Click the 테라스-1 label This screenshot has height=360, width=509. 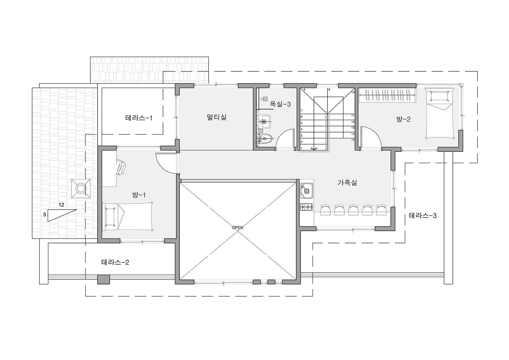139,118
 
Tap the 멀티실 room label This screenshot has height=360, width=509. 217,117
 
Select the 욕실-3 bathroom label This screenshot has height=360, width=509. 280,104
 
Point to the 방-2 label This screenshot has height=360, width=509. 403,119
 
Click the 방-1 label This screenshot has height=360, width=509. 139,195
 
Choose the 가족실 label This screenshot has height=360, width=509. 347,183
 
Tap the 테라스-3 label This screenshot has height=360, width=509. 423,216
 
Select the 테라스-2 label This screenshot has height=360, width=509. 115,262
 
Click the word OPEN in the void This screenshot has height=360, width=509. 238,228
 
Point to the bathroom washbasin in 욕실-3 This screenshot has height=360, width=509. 264,122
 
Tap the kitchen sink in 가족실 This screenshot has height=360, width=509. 306,190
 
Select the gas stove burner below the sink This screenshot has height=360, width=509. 306,207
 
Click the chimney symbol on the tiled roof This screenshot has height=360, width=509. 81,189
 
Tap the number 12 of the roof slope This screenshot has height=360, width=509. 61,205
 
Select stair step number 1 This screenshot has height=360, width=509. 301,148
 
